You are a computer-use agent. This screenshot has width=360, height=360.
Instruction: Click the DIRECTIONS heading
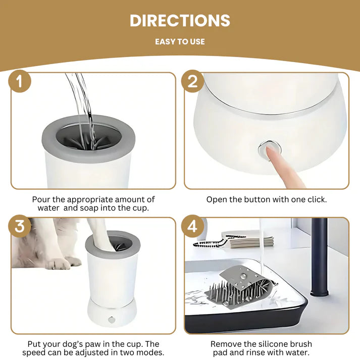click(x=180, y=21)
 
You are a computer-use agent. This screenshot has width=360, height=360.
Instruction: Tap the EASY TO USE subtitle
click(x=180, y=41)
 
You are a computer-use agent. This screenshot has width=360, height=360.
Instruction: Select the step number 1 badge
click(x=20, y=81)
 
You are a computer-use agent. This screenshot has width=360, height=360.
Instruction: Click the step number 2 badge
click(x=192, y=81)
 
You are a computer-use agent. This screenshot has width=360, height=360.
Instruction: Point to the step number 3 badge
click(x=20, y=226)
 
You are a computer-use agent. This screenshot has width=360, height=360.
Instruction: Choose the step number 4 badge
click(x=192, y=226)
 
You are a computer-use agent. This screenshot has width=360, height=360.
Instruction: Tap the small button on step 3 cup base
click(x=112, y=320)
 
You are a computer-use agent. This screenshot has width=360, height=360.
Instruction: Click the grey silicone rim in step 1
click(x=88, y=151)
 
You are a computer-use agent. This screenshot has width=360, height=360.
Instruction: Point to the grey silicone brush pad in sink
click(x=241, y=287)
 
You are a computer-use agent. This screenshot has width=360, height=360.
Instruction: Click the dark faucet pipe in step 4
click(x=319, y=256)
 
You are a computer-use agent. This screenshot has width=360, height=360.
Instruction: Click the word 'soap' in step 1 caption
click(x=89, y=208)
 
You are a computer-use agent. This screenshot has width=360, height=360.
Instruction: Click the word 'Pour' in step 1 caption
click(x=41, y=199)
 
